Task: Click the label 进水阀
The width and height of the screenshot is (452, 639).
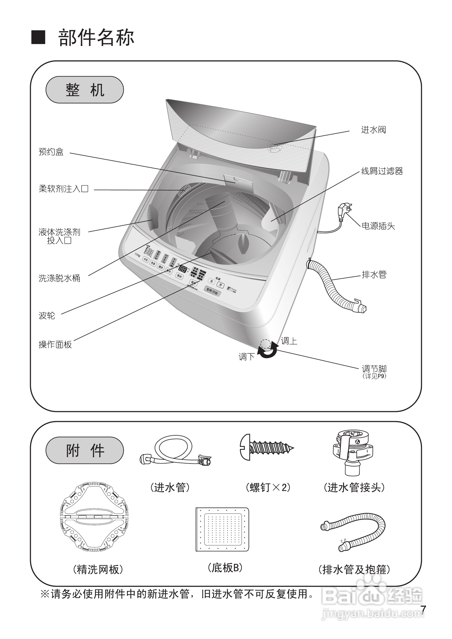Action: click(x=373, y=130)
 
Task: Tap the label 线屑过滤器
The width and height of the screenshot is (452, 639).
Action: click(x=382, y=171)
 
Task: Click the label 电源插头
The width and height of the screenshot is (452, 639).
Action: click(x=378, y=226)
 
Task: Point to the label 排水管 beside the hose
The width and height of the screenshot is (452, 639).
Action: click(x=374, y=275)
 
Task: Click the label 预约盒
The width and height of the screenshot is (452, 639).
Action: click(x=51, y=152)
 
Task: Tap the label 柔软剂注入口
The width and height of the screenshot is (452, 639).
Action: click(x=63, y=189)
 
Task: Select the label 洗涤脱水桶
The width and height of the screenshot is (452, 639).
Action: click(x=59, y=278)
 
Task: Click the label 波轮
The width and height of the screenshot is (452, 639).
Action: click(x=47, y=316)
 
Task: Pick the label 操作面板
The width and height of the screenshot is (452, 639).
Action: click(x=55, y=345)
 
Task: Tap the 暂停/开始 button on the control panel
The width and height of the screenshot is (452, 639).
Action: click(x=212, y=291)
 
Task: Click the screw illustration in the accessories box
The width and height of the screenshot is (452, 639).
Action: click(x=266, y=448)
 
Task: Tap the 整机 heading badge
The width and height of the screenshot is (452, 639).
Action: click(x=85, y=90)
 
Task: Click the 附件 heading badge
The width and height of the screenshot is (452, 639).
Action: click(x=85, y=450)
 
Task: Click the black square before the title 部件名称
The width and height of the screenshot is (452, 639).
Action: click(x=38, y=37)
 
